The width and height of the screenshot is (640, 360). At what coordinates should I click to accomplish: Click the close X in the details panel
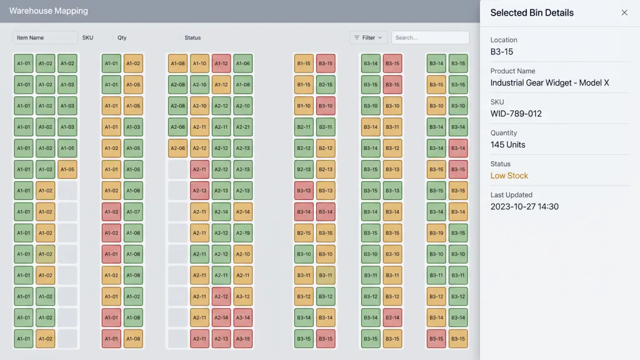click(624, 12)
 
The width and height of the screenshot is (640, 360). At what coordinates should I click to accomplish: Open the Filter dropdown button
click(369, 37)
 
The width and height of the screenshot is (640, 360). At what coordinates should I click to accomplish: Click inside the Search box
click(430, 37)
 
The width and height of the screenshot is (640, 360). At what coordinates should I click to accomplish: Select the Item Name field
click(45, 37)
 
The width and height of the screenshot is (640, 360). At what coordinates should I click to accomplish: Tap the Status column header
click(192, 37)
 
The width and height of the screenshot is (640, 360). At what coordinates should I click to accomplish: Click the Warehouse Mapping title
click(49, 11)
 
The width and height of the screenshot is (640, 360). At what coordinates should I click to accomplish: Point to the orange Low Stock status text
click(509, 176)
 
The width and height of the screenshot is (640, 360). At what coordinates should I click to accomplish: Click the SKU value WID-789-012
click(516, 114)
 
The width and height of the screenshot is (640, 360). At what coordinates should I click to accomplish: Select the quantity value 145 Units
click(507, 144)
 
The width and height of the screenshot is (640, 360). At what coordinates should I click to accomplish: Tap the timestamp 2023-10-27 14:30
click(524, 206)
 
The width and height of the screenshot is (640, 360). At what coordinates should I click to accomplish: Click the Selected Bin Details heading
click(532, 12)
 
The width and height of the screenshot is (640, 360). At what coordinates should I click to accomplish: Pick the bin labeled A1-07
click(133, 212)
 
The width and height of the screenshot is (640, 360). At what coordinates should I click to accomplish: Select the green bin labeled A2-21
click(243, 127)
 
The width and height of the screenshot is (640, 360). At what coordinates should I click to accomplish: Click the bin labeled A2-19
click(243, 233)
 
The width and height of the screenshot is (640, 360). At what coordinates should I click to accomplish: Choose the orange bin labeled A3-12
click(243, 296)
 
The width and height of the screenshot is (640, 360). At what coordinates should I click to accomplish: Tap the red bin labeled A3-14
click(243, 317)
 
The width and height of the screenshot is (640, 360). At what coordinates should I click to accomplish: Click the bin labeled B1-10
click(304, 106)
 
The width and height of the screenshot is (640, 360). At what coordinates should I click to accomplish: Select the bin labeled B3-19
click(436, 233)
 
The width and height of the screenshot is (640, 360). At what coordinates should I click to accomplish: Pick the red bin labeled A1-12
click(221, 63)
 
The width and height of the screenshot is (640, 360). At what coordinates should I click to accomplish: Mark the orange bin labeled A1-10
click(199, 63)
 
